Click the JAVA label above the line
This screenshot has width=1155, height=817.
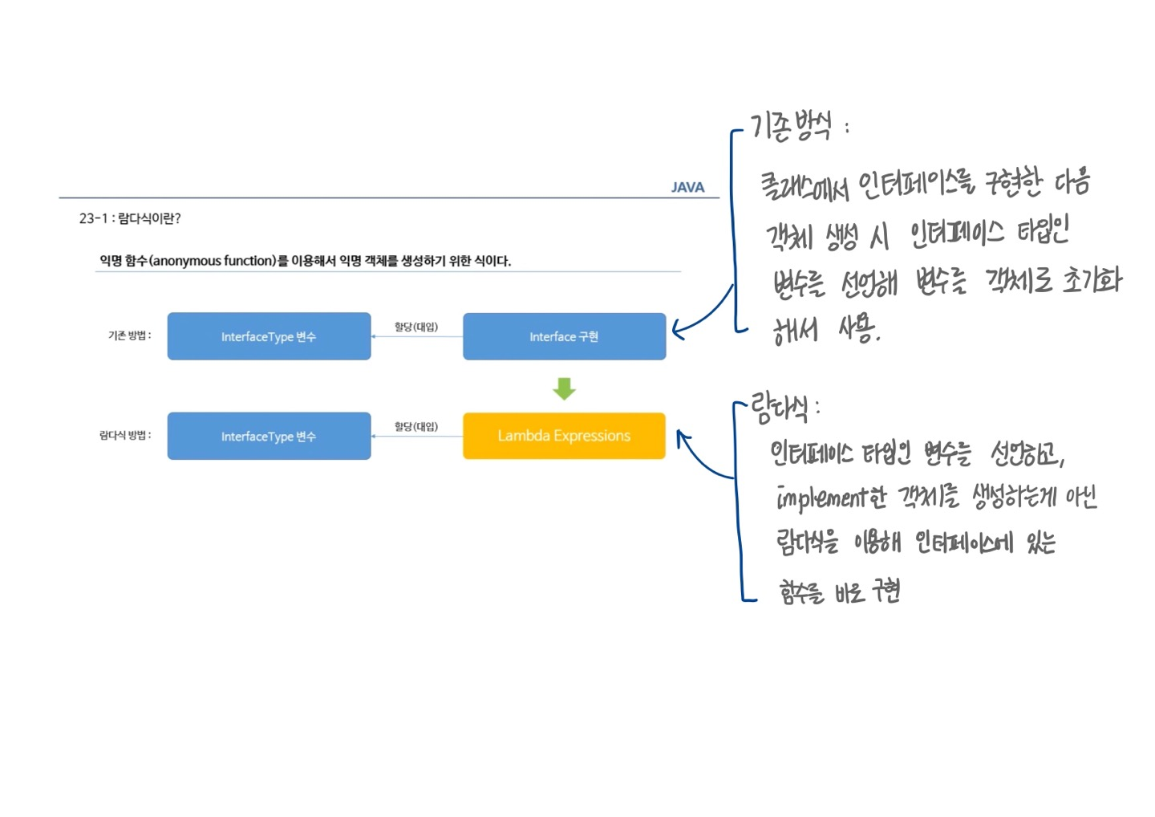click(687, 187)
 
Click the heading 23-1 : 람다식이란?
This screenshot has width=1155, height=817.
click(130, 218)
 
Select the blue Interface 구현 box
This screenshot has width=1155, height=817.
click(564, 336)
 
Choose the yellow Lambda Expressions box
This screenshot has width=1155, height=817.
click(564, 436)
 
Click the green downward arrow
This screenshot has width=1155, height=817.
click(564, 389)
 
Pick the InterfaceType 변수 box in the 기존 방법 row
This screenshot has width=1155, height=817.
click(269, 336)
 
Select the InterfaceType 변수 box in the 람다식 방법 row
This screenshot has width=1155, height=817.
click(269, 436)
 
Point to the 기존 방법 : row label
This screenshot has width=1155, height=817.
click(129, 335)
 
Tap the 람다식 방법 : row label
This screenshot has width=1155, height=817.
click(125, 435)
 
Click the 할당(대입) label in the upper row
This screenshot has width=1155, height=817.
click(415, 327)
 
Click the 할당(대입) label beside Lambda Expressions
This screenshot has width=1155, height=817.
click(415, 426)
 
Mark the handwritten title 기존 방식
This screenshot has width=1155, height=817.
click(792, 127)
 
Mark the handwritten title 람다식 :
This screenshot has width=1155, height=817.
click(784, 408)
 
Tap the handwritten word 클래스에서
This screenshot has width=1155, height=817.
click(804, 186)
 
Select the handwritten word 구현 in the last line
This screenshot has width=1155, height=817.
click(886, 592)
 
